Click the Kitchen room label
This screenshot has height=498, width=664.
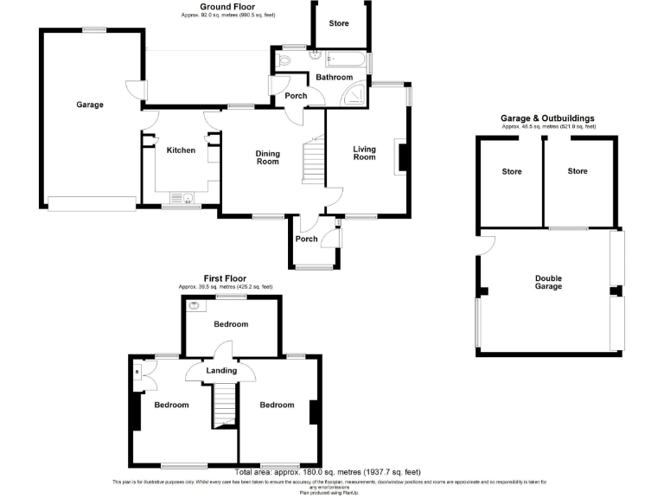[181, 150]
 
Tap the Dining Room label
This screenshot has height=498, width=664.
[267, 158]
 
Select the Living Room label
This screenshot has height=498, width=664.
[365, 153]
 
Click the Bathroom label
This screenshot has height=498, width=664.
[334, 78]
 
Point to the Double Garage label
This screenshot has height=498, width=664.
[547, 283]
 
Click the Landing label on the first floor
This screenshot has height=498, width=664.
[221, 371]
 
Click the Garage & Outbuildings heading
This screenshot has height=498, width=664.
[547, 118]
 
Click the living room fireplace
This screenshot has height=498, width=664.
[400, 157]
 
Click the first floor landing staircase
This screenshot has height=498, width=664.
[224, 405]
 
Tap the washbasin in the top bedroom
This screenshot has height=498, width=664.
[192, 304]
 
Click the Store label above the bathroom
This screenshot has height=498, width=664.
[339, 23]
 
